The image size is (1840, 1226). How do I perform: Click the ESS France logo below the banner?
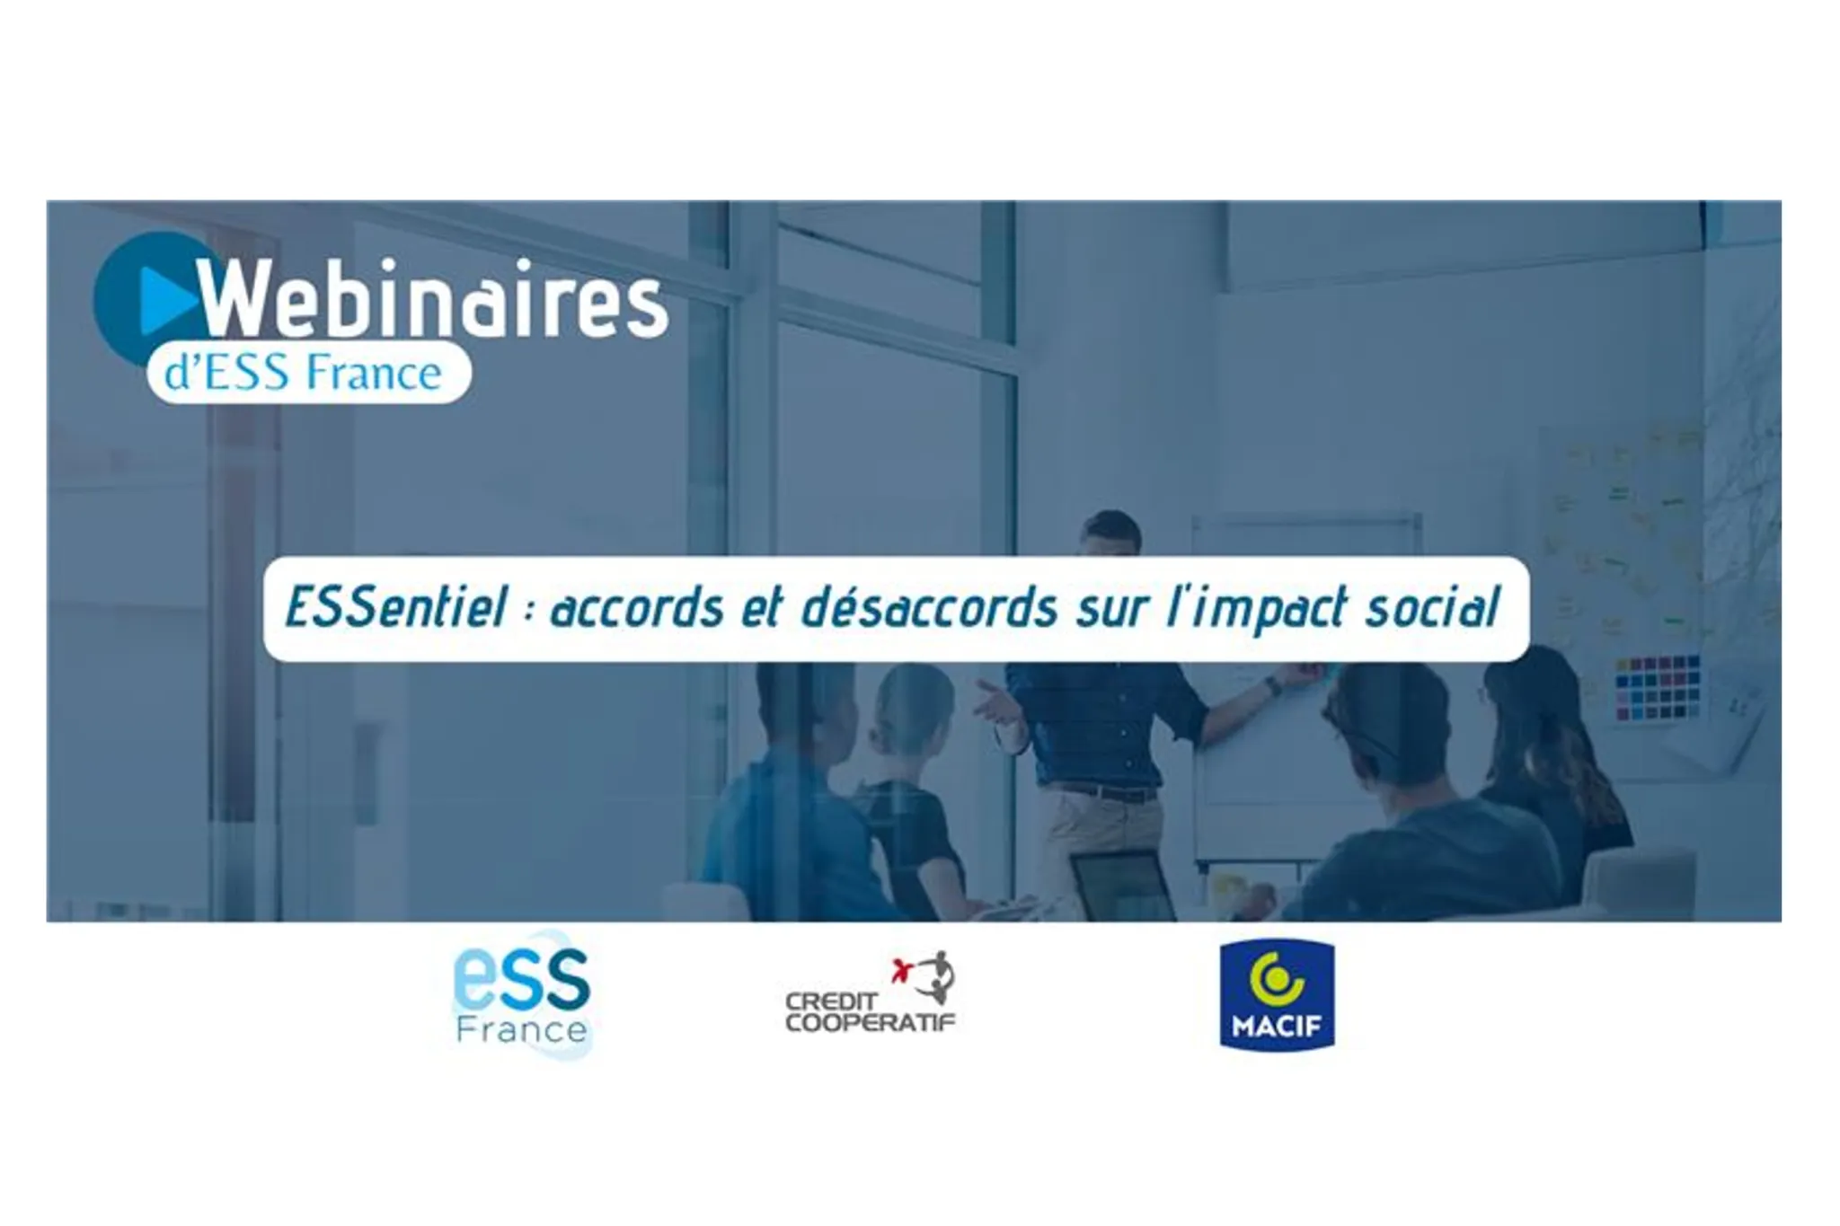click(x=522, y=995)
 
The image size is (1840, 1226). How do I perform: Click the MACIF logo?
click(x=1277, y=994)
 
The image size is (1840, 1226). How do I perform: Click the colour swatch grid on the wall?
click(x=1658, y=687)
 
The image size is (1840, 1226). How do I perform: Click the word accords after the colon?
click(x=637, y=607)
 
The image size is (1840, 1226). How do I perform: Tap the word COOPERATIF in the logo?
click(x=871, y=1023)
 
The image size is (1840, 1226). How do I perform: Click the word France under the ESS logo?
click(x=522, y=1029)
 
